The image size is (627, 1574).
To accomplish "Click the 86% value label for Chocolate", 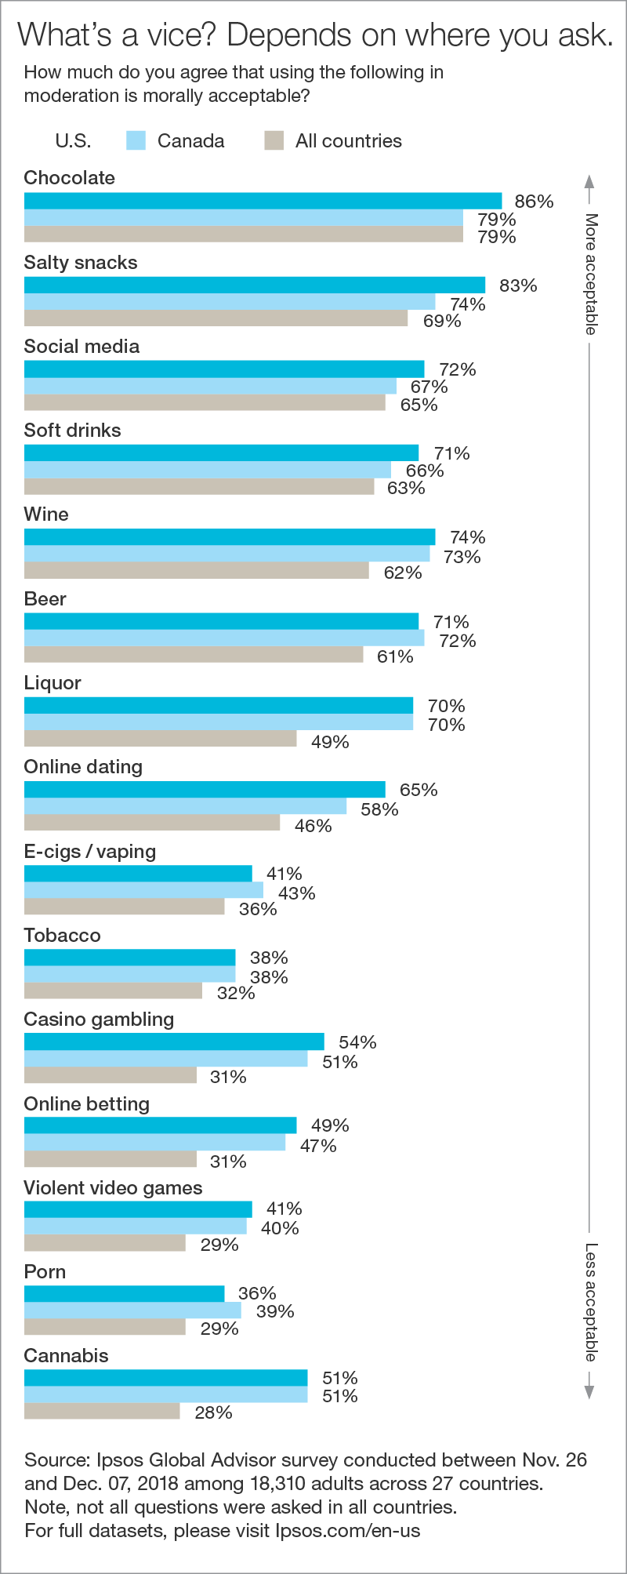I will pos(534,202).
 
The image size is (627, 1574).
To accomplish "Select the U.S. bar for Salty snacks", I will pos(255,285).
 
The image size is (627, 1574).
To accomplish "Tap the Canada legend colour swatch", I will pos(136,140).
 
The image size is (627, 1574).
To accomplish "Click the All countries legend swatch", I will pos(274,140).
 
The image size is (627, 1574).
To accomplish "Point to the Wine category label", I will pos(46,514).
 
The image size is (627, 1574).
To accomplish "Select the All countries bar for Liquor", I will pos(161,739).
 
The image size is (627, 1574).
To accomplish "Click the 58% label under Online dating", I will pos(379,809).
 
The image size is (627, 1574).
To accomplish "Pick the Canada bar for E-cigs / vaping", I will pos(143,890).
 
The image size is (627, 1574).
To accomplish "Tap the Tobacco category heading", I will pos(62,936).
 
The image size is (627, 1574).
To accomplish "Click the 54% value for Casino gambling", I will pos(357,1042).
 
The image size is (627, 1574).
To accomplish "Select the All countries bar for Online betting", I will pos(111,1159).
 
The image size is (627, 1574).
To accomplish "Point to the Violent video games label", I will pos(113,1188).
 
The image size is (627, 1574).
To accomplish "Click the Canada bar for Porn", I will pos(132,1310).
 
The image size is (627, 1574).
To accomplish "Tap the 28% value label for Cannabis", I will pos(213,1412).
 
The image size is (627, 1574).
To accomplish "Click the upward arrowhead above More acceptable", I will pos(589,181).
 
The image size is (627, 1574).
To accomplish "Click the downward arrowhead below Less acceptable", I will pos(589,1393).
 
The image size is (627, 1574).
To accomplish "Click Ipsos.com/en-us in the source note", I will pos(347,1530).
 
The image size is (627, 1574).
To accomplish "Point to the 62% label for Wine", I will pos(403,573).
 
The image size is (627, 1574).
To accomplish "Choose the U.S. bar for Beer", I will pos(221,621).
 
